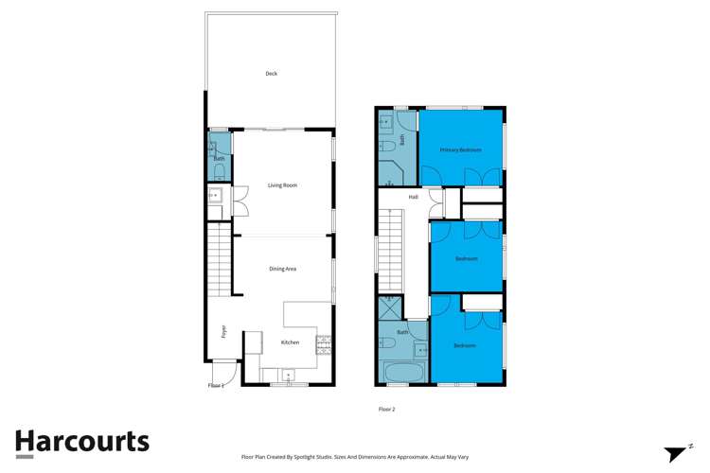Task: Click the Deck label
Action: [x=271, y=74]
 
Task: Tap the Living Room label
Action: [x=282, y=185]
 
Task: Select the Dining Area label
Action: [x=283, y=270]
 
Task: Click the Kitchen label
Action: [x=290, y=342]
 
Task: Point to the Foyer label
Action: [x=223, y=331]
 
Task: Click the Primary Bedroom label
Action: [x=460, y=150]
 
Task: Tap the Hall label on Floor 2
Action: [x=414, y=197]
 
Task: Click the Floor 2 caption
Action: [x=386, y=410]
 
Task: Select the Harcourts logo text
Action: [x=81, y=441]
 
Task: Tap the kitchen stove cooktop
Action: [x=324, y=345]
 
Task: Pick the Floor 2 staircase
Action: [x=390, y=251]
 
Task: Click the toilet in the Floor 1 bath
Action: [x=219, y=171]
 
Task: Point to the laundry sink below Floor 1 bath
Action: [x=215, y=197]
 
